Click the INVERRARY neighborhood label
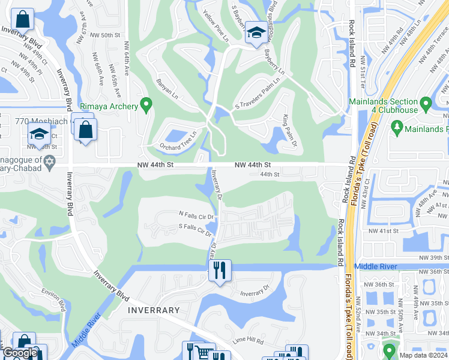tap(154, 310)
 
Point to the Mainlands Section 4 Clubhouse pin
tap(426, 104)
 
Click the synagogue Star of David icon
tap(50, 162)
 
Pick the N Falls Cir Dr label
tap(196, 214)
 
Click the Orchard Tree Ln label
tap(178, 141)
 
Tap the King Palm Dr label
tap(287, 133)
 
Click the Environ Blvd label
tap(53, 298)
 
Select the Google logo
tap(20, 352)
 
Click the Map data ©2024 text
tap(423, 355)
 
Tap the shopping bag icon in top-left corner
tap(22, 20)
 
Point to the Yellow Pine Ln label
tap(216, 26)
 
